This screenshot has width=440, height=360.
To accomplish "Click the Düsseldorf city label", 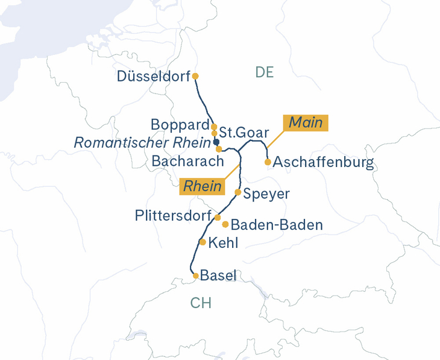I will tap(153, 77).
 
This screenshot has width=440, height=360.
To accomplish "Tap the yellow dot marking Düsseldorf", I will tap(195, 76).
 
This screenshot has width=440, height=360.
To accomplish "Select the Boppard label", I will tap(180, 125).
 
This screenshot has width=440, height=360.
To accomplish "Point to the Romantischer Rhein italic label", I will tap(142, 143).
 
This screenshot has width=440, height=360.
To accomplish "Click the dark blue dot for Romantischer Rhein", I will tap(216, 142).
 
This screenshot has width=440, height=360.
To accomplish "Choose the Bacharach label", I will tap(187, 162).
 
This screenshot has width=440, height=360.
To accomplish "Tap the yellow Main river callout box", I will tap(306, 123).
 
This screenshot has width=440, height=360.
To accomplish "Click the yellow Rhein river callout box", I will tap(203, 187).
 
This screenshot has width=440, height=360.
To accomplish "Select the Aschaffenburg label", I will tap(324, 163).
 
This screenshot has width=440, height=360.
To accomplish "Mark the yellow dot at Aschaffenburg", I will tap(268, 162).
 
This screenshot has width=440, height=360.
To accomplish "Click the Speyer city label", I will tap(266, 194).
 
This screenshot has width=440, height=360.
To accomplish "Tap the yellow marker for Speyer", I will tap(238, 192).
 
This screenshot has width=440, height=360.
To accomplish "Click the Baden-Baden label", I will tap(277, 225).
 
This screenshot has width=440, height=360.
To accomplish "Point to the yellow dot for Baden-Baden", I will tap(225, 224).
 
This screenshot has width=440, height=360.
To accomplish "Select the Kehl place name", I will tap(223, 243).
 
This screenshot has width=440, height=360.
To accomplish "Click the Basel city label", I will tap(218, 276).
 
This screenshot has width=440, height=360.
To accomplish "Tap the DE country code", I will tap(265, 73).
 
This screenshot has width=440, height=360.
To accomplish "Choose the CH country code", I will tap(201, 303).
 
